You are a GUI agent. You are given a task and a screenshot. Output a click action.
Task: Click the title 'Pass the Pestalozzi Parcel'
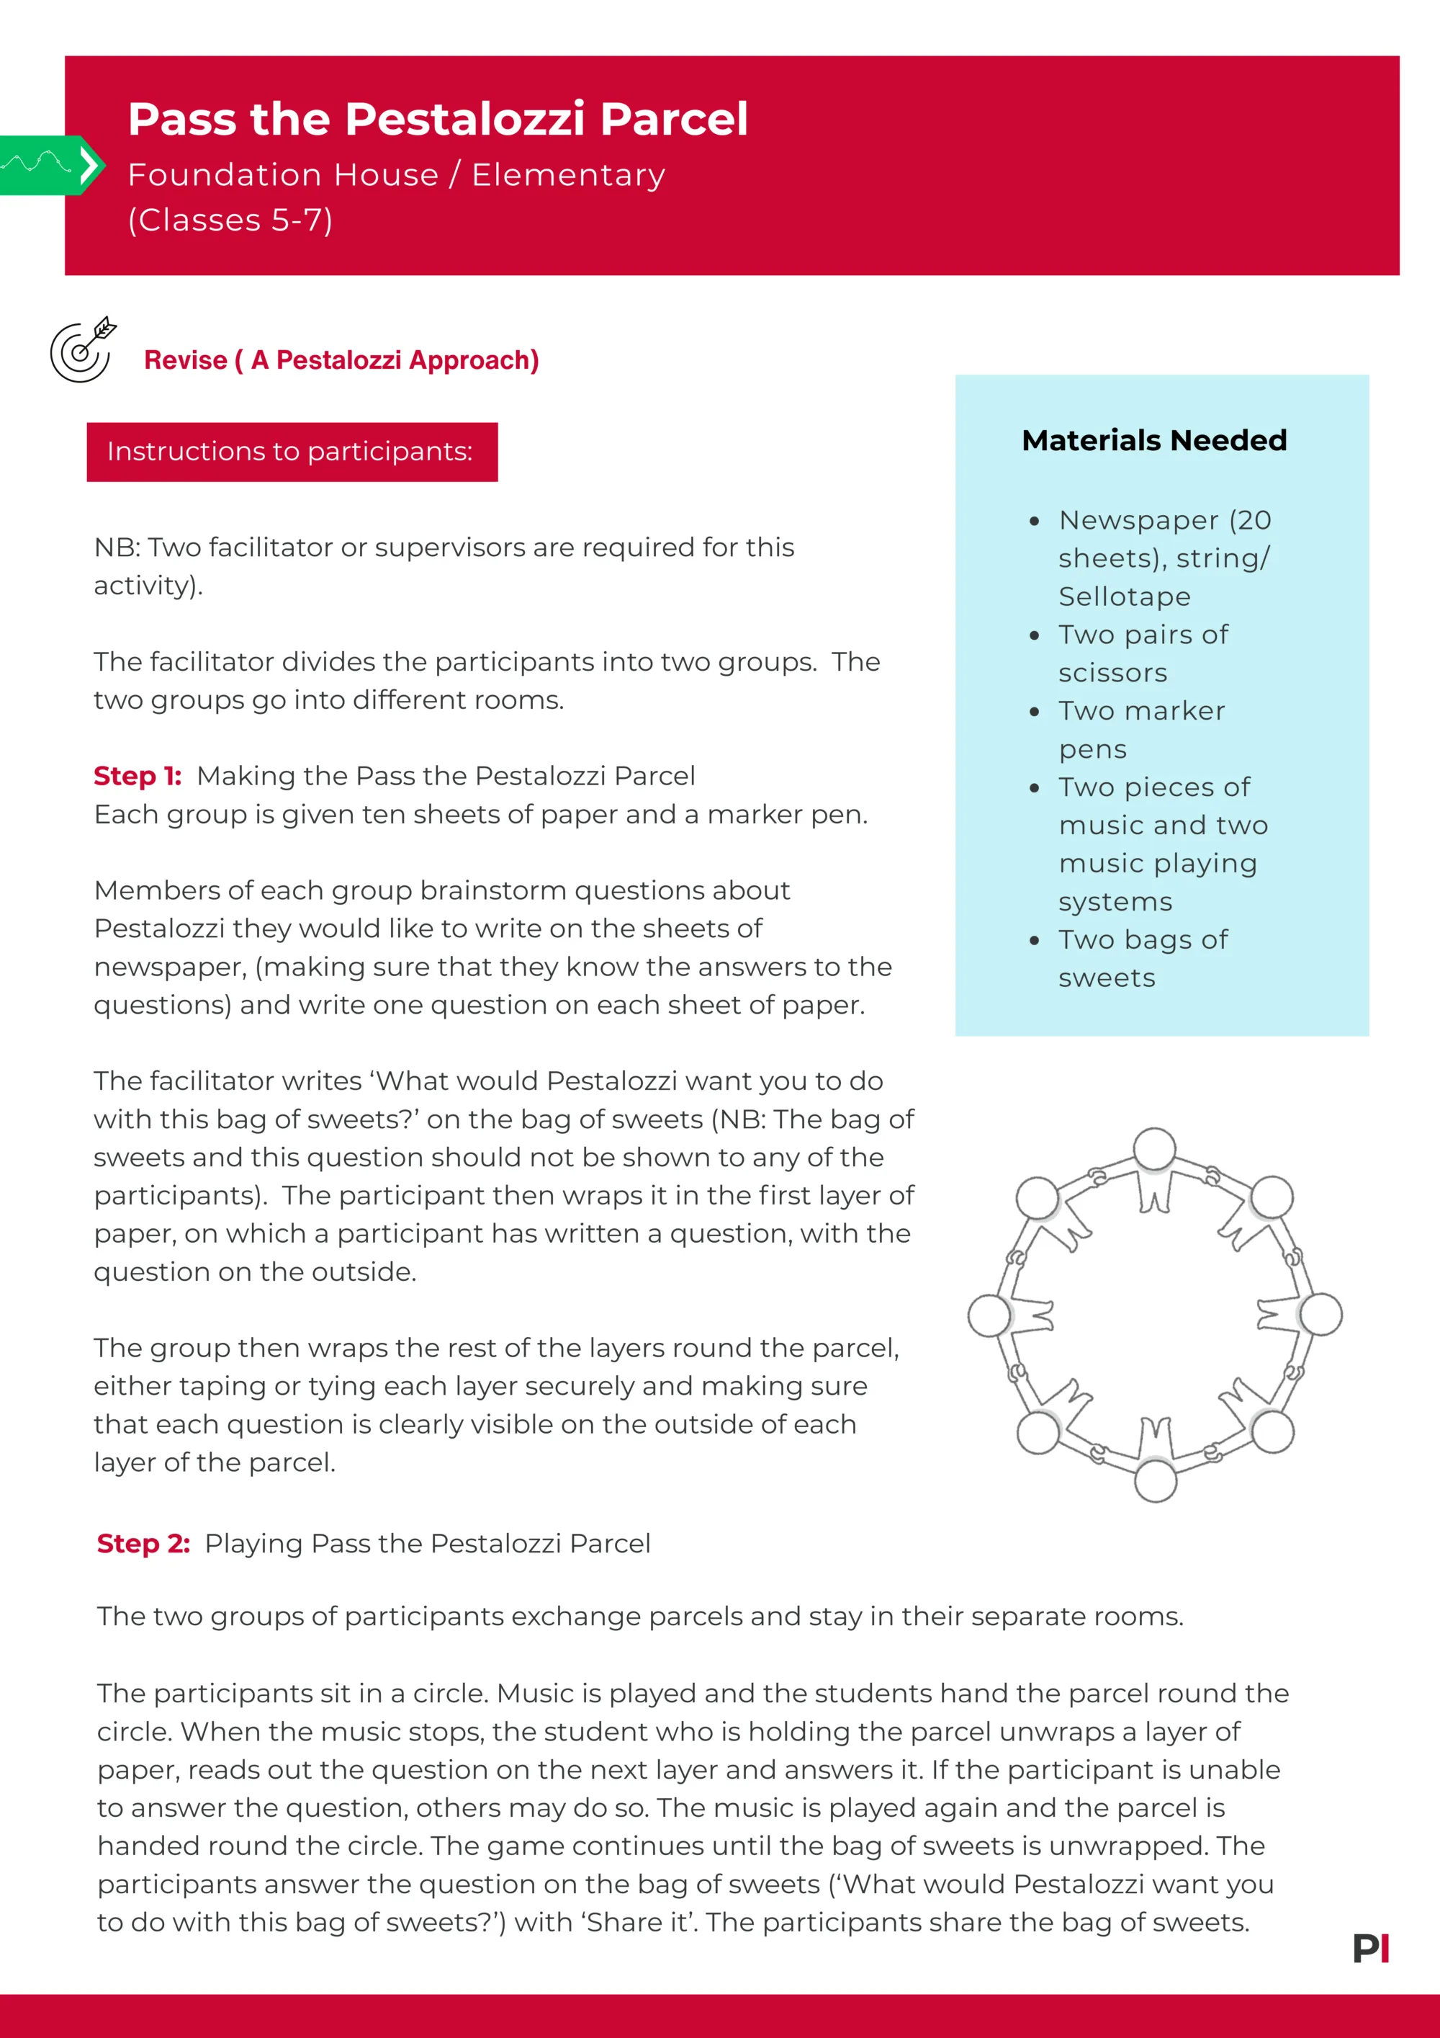click(438, 119)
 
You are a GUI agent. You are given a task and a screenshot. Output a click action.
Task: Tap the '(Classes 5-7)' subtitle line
click(230, 220)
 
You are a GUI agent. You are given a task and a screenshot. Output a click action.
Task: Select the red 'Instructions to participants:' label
click(291, 452)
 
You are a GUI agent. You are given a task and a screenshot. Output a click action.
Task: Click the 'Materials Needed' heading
click(1153, 440)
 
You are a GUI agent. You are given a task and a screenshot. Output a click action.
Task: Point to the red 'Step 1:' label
click(138, 777)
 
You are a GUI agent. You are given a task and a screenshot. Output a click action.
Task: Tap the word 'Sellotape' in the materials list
click(1124, 596)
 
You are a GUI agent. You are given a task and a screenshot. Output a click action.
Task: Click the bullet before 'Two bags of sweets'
click(1034, 941)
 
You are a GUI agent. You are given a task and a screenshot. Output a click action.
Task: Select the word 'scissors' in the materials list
click(1112, 673)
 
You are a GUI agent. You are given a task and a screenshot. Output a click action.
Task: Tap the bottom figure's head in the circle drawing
click(1155, 1480)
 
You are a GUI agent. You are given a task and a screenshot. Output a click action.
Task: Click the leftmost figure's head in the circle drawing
click(989, 1315)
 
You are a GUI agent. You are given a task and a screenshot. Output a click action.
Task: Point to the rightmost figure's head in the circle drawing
click(1321, 1315)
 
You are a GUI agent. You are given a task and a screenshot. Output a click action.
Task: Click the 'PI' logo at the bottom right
click(1371, 1949)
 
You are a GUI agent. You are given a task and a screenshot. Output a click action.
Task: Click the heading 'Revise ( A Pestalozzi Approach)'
click(341, 360)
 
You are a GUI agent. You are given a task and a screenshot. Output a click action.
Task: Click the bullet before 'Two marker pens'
click(1034, 712)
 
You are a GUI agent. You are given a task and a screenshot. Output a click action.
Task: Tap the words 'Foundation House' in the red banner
click(283, 175)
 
